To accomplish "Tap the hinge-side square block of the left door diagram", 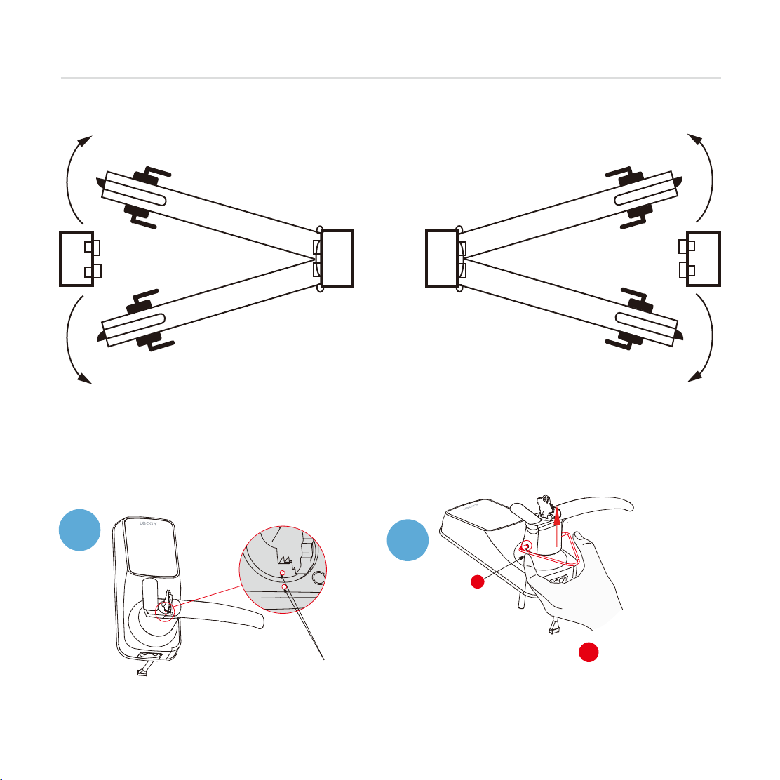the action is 336,258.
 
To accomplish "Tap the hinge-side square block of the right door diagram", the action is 442,258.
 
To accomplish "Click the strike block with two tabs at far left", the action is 77,258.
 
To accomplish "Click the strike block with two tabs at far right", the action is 704,258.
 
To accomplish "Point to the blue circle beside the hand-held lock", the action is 408,540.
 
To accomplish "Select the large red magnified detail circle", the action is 284,569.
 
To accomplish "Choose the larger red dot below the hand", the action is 589,652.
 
